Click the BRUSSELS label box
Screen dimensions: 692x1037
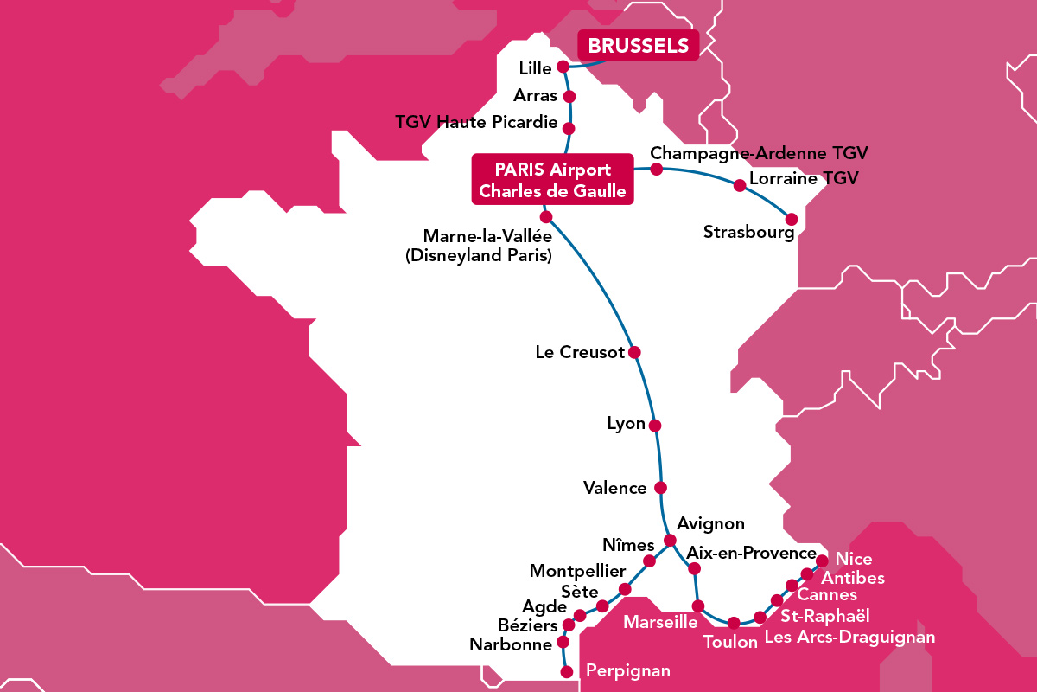pos(638,46)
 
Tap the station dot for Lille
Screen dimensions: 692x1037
pos(563,67)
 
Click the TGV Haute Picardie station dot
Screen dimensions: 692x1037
pos(569,128)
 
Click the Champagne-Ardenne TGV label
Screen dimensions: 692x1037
pos(759,153)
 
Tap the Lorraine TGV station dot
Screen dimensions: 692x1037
pos(739,185)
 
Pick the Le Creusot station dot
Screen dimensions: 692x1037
pos(634,352)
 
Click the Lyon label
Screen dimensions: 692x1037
pos(627,424)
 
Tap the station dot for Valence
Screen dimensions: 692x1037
pos(661,487)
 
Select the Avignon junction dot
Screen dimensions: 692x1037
pos(669,541)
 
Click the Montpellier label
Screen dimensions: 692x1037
pos(577,572)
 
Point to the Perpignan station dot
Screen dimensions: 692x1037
pos(567,671)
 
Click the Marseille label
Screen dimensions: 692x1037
pos(661,623)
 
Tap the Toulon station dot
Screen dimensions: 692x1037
pos(734,623)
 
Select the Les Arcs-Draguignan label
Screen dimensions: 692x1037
pos(849,638)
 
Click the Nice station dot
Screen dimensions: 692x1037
pos(822,561)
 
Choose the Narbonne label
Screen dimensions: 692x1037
pos(511,644)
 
